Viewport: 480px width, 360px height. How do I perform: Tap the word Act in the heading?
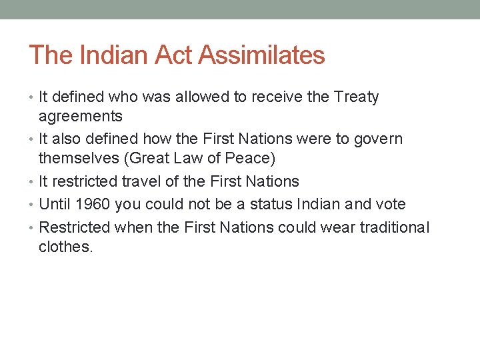point(173,55)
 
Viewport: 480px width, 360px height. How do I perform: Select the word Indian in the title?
point(113,55)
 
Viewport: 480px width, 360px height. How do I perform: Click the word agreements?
point(81,117)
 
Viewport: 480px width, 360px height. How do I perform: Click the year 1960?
point(94,204)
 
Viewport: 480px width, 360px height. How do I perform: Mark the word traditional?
point(395,227)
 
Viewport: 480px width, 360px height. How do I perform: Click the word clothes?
point(65,247)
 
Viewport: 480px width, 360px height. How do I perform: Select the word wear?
point(337,227)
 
